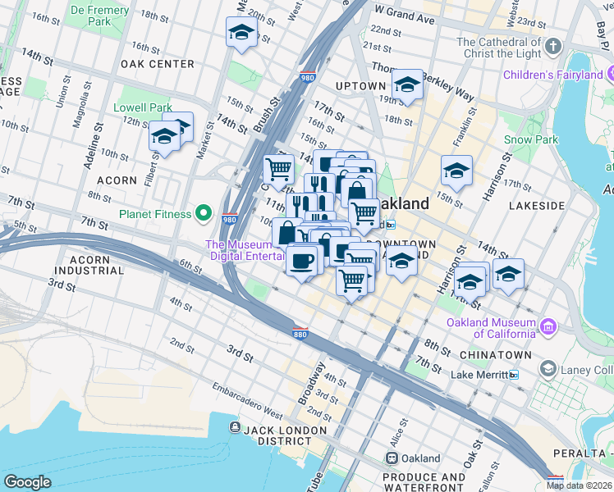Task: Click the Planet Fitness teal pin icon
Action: (x=204, y=215)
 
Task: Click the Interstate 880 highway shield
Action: (x=300, y=333)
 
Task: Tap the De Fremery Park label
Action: (x=102, y=16)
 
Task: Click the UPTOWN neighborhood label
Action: (x=360, y=86)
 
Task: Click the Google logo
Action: (x=27, y=482)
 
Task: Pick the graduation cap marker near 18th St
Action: (x=241, y=32)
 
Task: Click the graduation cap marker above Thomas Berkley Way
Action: (x=406, y=84)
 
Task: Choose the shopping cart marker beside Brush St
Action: (x=278, y=169)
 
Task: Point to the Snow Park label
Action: (x=530, y=139)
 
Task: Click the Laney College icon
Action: (x=548, y=370)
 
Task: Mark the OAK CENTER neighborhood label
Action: (x=157, y=64)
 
